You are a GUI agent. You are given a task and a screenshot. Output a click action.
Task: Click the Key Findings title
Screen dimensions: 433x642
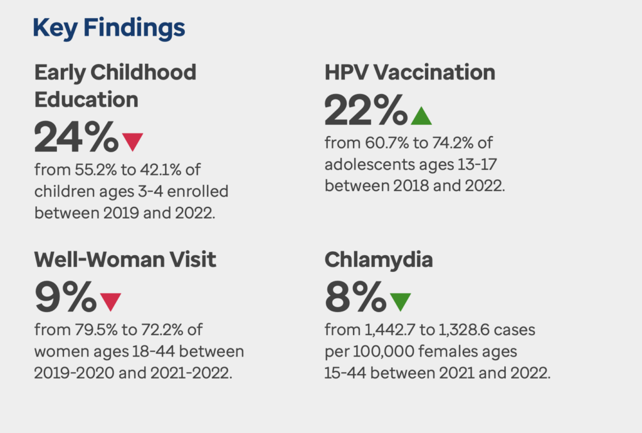point(108,28)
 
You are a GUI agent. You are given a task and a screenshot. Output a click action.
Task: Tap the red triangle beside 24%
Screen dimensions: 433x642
point(133,141)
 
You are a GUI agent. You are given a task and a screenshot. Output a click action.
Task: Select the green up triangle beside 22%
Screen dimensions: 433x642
point(421,115)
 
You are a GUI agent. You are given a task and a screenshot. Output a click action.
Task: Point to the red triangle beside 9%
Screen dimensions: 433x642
point(110,301)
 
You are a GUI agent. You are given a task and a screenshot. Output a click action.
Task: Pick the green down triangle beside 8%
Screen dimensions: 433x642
point(400,301)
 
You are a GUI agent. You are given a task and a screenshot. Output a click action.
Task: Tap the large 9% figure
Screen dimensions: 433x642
point(65,298)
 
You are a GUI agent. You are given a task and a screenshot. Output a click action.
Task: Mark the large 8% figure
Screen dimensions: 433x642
point(355,298)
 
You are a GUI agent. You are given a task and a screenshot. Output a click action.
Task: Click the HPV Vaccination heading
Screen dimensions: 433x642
point(409,73)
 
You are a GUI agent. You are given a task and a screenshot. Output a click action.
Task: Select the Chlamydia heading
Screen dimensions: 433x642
point(379,259)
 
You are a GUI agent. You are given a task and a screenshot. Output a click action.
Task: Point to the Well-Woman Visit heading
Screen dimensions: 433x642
point(125,259)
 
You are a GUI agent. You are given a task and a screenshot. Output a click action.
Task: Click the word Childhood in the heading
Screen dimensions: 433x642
point(144,73)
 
